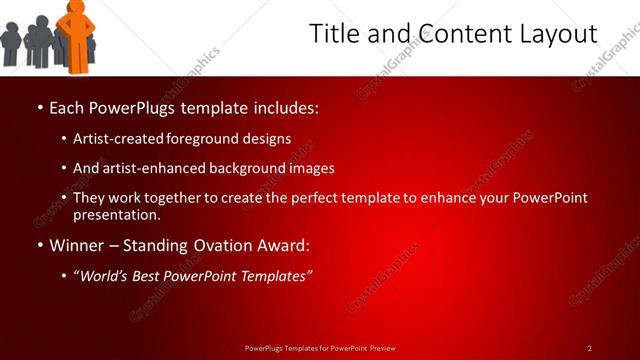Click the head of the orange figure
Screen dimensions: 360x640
point(76,7)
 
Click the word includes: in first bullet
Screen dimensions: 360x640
point(288,106)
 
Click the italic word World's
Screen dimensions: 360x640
point(105,276)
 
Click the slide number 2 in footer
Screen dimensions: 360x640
point(590,348)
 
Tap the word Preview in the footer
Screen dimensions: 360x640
point(382,348)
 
